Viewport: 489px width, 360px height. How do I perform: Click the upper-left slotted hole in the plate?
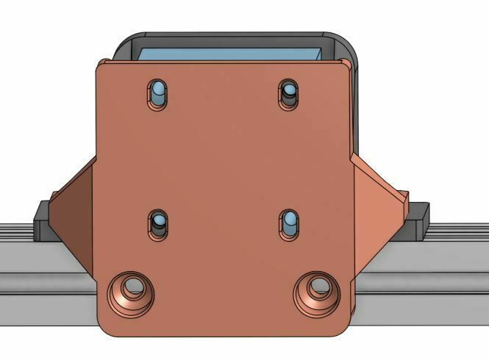(157, 93)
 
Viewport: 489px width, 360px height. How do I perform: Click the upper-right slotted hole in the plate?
(288, 94)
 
